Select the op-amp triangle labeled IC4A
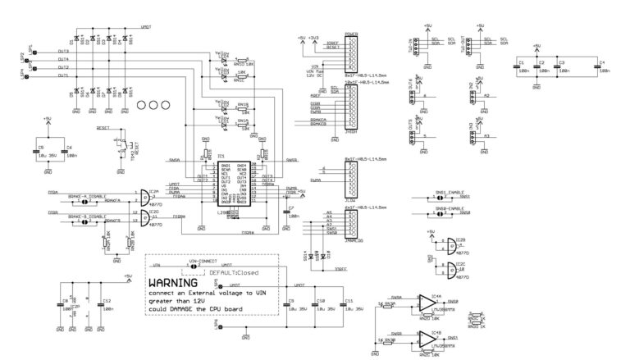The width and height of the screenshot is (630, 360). pyautogui.click(x=427, y=303)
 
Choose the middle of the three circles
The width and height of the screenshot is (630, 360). pyautogui.click(x=151, y=107)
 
